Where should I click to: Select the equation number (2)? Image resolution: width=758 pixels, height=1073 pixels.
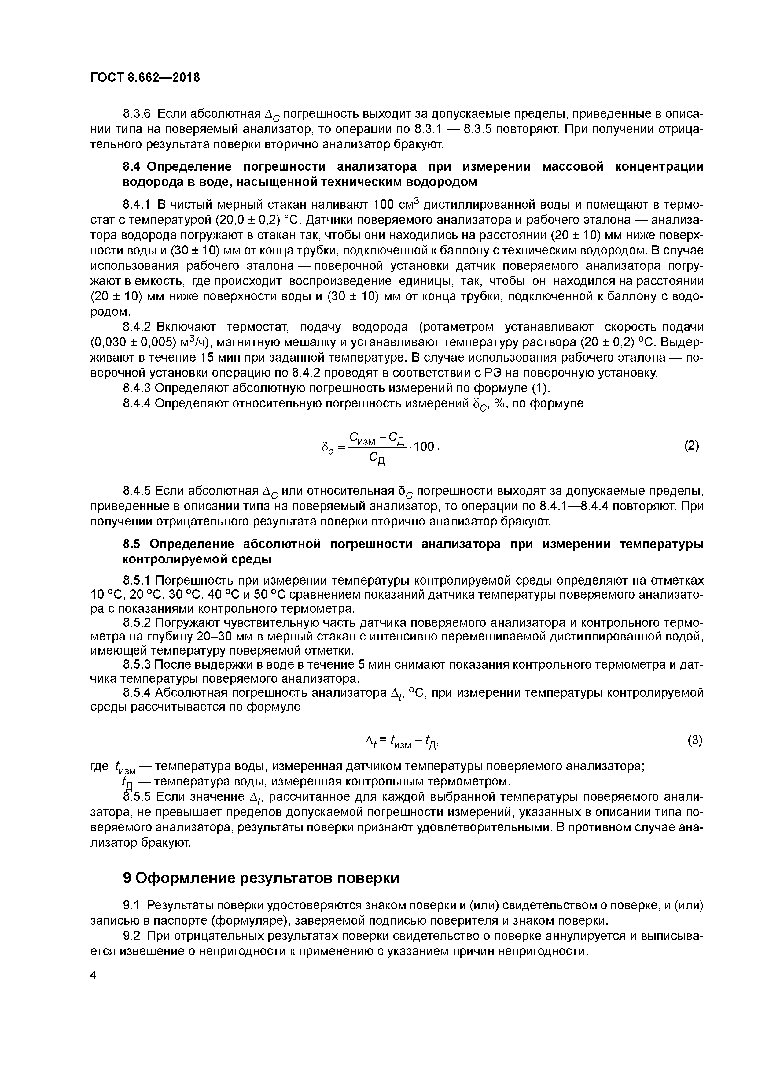point(692,446)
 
